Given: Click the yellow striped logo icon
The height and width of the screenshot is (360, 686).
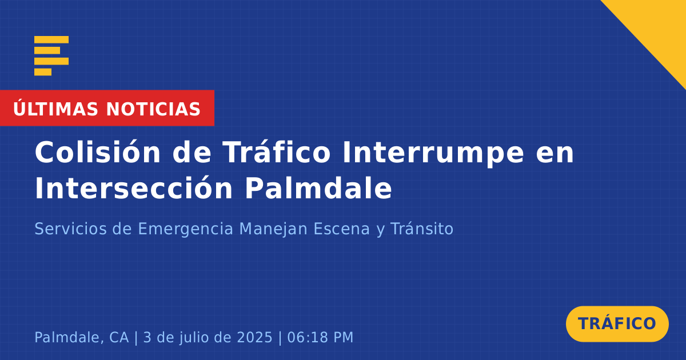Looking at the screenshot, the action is tap(51, 56).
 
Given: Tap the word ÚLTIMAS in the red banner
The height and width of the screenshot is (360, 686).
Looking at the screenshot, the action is tap(55, 109).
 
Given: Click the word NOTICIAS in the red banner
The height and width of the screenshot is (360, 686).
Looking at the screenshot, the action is tap(153, 109).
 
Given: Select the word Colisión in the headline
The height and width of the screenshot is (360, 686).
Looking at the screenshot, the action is tap(98, 152).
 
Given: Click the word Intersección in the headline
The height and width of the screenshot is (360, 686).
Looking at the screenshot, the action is tap(134, 188).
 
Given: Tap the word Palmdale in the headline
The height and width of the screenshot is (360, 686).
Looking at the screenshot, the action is tap(318, 188).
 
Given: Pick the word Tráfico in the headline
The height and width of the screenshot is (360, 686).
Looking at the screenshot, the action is tap(277, 152).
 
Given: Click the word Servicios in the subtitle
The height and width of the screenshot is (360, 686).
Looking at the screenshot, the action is tap(70, 229).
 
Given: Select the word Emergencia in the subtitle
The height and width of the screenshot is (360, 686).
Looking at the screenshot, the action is tap(186, 230).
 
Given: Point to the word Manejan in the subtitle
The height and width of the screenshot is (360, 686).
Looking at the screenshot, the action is tap(273, 230).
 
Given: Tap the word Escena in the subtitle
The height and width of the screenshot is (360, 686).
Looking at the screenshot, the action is tap(342, 229).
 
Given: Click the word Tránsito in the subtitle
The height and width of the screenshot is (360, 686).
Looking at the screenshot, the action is tap(422, 229).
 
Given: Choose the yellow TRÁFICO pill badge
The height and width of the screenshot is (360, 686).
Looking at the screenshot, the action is tap(617, 324).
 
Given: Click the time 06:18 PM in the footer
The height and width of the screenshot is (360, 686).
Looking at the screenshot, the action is tap(320, 337).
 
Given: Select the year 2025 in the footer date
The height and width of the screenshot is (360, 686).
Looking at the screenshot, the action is tap(255, 337).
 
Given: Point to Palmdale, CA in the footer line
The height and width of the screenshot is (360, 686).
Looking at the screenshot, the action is tap(81, 337).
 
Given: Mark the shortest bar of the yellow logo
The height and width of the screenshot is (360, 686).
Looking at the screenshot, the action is tap(43, 72).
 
